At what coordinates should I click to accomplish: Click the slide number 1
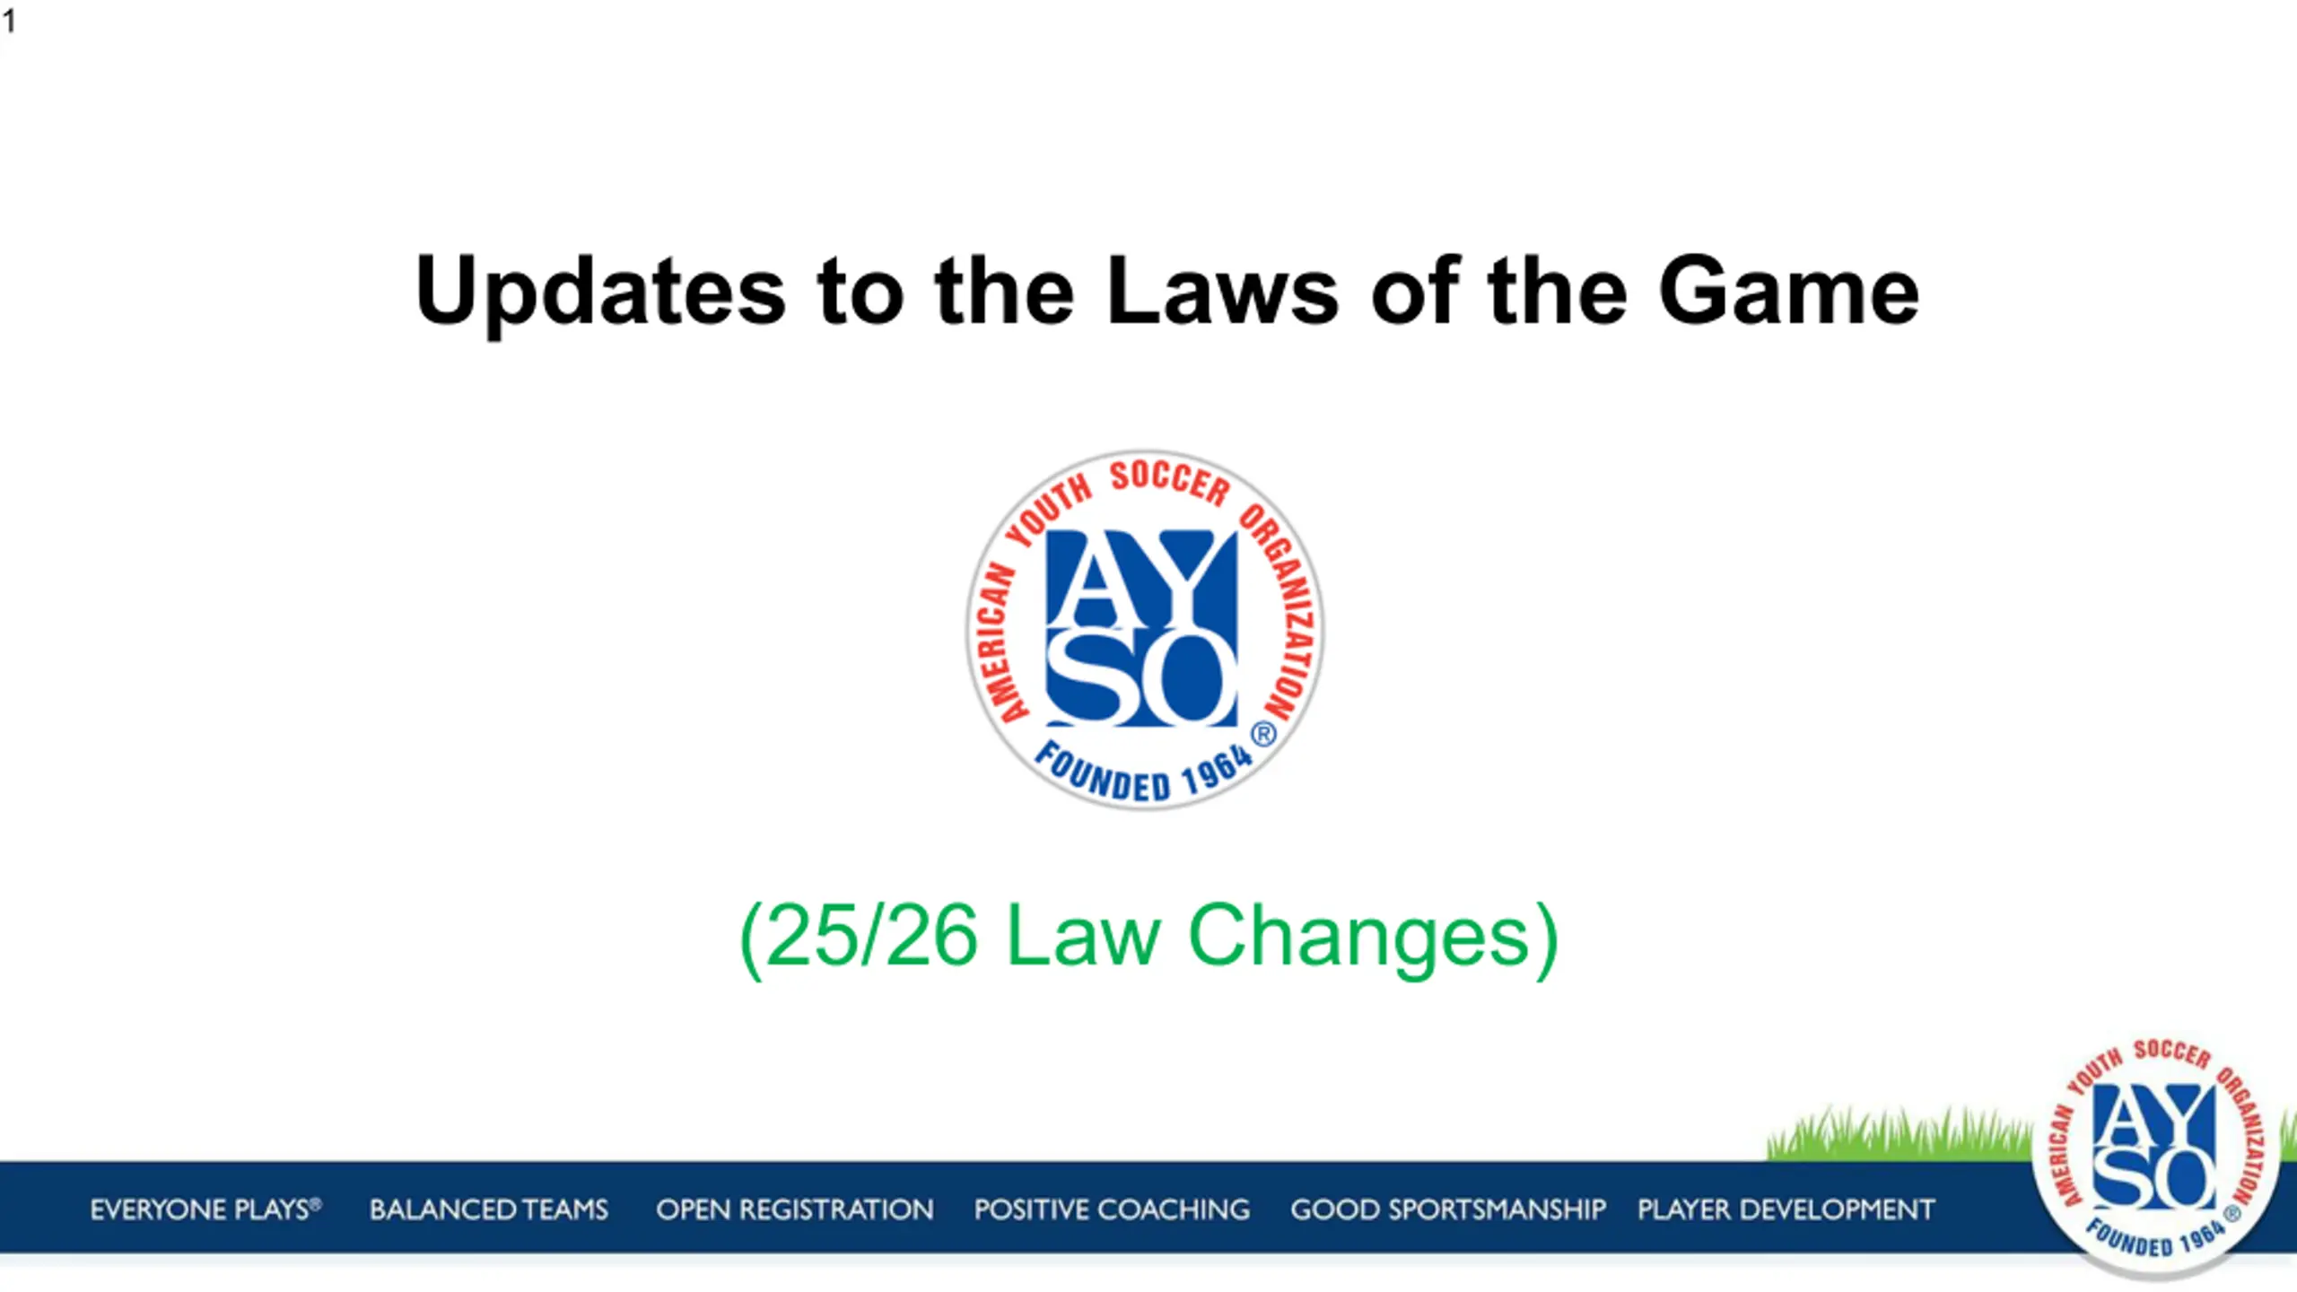click(x=9, y=21)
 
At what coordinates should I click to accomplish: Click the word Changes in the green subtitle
click(x=1358, y=938)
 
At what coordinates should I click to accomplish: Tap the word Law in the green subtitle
click(x=1083, y=935)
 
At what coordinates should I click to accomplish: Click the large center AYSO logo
click(x=1145, y=630)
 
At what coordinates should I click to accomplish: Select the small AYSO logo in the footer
click(x=2155, y=1157)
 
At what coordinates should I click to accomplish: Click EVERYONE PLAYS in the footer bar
click(x=205, y=1209)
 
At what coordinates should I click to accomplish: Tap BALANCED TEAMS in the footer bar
click(x=489, y=1209)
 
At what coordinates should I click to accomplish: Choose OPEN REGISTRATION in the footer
click(x=795, y=1209)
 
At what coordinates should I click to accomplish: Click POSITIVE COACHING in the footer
click(x=1112, y=1209)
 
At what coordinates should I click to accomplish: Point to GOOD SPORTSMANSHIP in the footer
click(x=1448, y=1209)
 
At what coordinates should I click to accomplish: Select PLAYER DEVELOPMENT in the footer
click(x=1786, y=1209)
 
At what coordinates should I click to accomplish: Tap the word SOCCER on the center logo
click(x=1170, y=482)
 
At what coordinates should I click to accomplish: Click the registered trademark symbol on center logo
click(x=1263, y=735)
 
